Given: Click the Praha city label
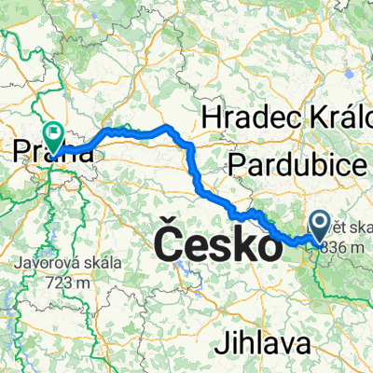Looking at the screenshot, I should pyautogui.click(x=53, y=151).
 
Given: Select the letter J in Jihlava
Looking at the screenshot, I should pyautogui.click(x=221, y=343).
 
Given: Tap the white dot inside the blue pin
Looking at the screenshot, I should pyautogui.click(x=318, y=222).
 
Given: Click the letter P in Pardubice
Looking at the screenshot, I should pyautogui.click(x=237, y=165).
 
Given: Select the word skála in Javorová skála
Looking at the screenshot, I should pyautogui.click(x=102, y=262).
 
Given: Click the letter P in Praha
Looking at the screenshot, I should pyautogui.click(x=21, y=151).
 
